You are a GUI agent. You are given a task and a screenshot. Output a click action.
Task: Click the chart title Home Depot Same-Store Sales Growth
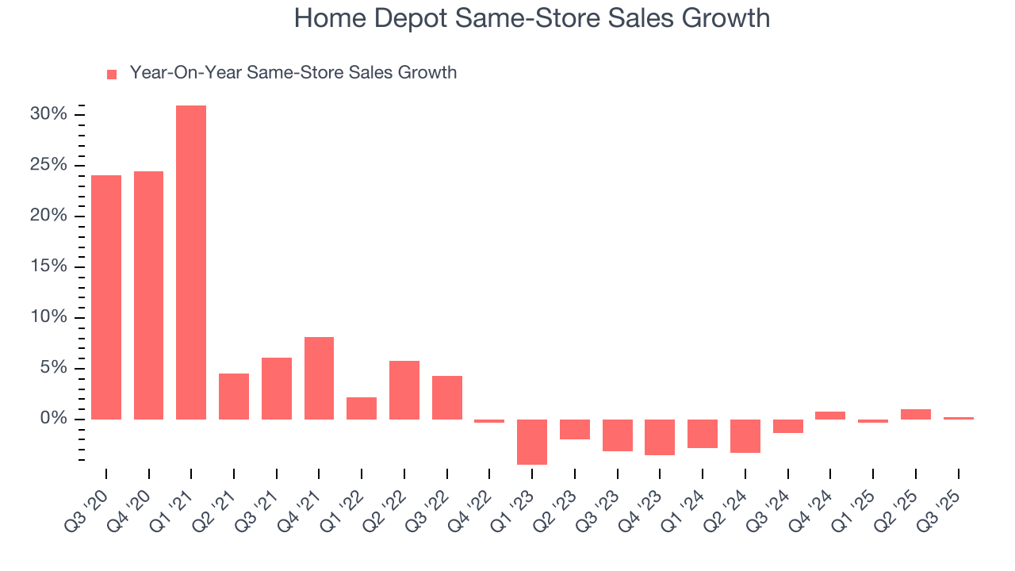531,18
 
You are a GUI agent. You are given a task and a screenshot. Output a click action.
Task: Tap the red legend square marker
112,74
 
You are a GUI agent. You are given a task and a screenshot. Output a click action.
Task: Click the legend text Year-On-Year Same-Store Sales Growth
293,73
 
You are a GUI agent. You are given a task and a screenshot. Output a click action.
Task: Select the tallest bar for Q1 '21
191,262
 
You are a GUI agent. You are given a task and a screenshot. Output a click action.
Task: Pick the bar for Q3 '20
106,297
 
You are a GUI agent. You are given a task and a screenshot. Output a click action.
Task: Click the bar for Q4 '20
148,295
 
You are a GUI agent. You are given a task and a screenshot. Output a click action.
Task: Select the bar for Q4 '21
319,377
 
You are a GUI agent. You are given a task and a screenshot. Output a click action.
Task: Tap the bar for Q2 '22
404,389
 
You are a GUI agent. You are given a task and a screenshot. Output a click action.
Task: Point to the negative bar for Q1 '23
532,442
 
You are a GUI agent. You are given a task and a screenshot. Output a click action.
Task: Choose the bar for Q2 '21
234,396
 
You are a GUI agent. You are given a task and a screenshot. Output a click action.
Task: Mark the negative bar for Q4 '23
660,437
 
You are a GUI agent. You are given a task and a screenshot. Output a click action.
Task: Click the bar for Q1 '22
362,408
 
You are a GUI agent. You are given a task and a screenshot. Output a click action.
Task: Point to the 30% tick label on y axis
48,114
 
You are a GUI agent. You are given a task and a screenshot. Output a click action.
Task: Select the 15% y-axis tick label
48,266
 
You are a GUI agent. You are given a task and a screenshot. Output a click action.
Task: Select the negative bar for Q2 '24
745,435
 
